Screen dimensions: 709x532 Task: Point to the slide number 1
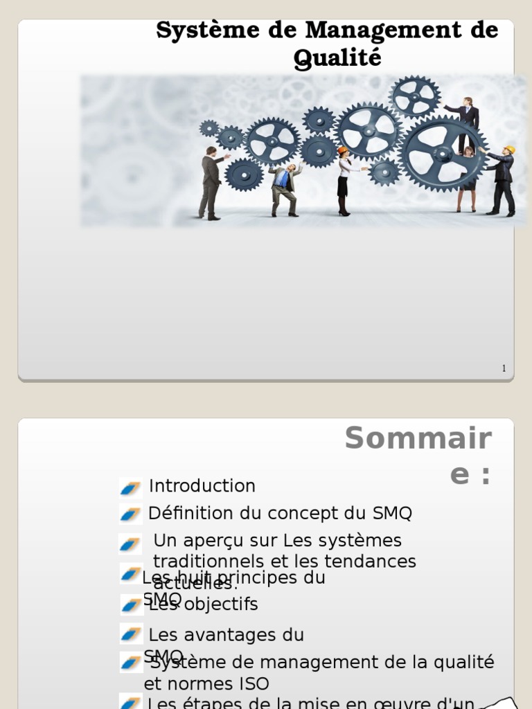pyautogui.click(x=504, y=368)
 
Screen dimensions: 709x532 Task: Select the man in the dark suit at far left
pyautogui.click(x=211, y=183)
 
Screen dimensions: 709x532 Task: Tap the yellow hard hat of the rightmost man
pyautogui.click(x=509, y=150)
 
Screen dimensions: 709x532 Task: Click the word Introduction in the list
pyautogui.click(x=202, y=486)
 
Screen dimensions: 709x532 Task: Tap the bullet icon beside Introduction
pyautogui.click(x=130, y=487)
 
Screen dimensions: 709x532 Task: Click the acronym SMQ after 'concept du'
pyautogui.click(x=392, y=514)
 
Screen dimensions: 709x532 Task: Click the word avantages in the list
pyautogui.click(x=222, y=635)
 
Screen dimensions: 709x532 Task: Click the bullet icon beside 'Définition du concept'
pyautogui.click(x=130, y=514)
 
